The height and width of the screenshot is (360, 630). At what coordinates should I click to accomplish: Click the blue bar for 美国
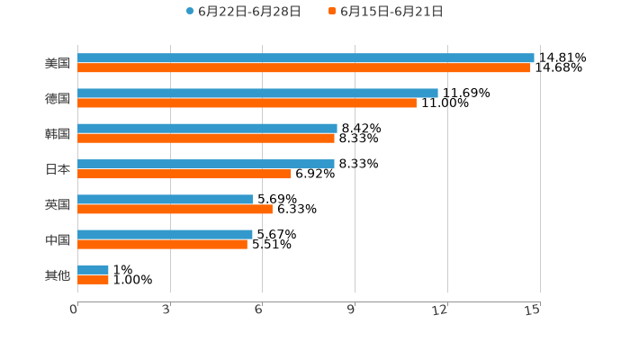306,58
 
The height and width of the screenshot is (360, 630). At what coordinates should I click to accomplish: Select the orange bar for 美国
304,67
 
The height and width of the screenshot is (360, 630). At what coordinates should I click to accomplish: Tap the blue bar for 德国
257,93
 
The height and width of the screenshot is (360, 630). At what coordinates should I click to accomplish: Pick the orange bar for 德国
247,103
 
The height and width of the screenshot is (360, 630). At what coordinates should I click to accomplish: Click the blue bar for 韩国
207,128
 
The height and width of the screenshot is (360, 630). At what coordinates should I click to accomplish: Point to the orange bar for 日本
184,174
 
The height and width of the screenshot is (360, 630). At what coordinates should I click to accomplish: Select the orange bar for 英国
175,209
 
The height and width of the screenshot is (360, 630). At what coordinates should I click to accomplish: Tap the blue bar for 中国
165,234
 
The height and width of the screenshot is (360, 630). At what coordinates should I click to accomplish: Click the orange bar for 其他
93,279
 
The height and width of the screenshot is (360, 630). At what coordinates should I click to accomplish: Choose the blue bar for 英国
165,199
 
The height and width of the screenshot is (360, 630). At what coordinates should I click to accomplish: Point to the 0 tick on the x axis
75,310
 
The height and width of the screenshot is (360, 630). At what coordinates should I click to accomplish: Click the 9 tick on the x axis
352,310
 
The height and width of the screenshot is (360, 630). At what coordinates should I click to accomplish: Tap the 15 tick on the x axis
533,310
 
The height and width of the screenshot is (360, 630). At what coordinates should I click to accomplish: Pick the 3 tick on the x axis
167,310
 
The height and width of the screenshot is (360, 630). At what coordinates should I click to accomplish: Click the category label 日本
58,169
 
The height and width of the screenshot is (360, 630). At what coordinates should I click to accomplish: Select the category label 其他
58,274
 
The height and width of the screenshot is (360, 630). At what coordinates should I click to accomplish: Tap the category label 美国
58,63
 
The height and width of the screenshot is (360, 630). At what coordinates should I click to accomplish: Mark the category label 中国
58,239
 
